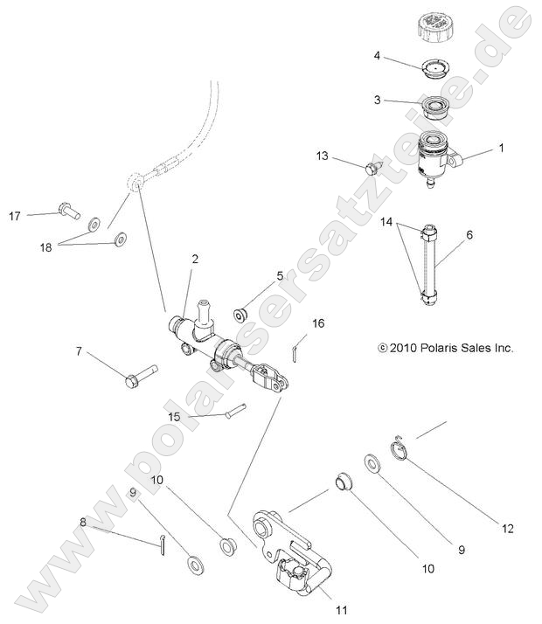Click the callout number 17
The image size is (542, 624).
click(15, 216)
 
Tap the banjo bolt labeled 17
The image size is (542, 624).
click(66, 211)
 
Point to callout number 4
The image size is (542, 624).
click(377, 55)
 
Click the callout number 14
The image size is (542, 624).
click(387, 223)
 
